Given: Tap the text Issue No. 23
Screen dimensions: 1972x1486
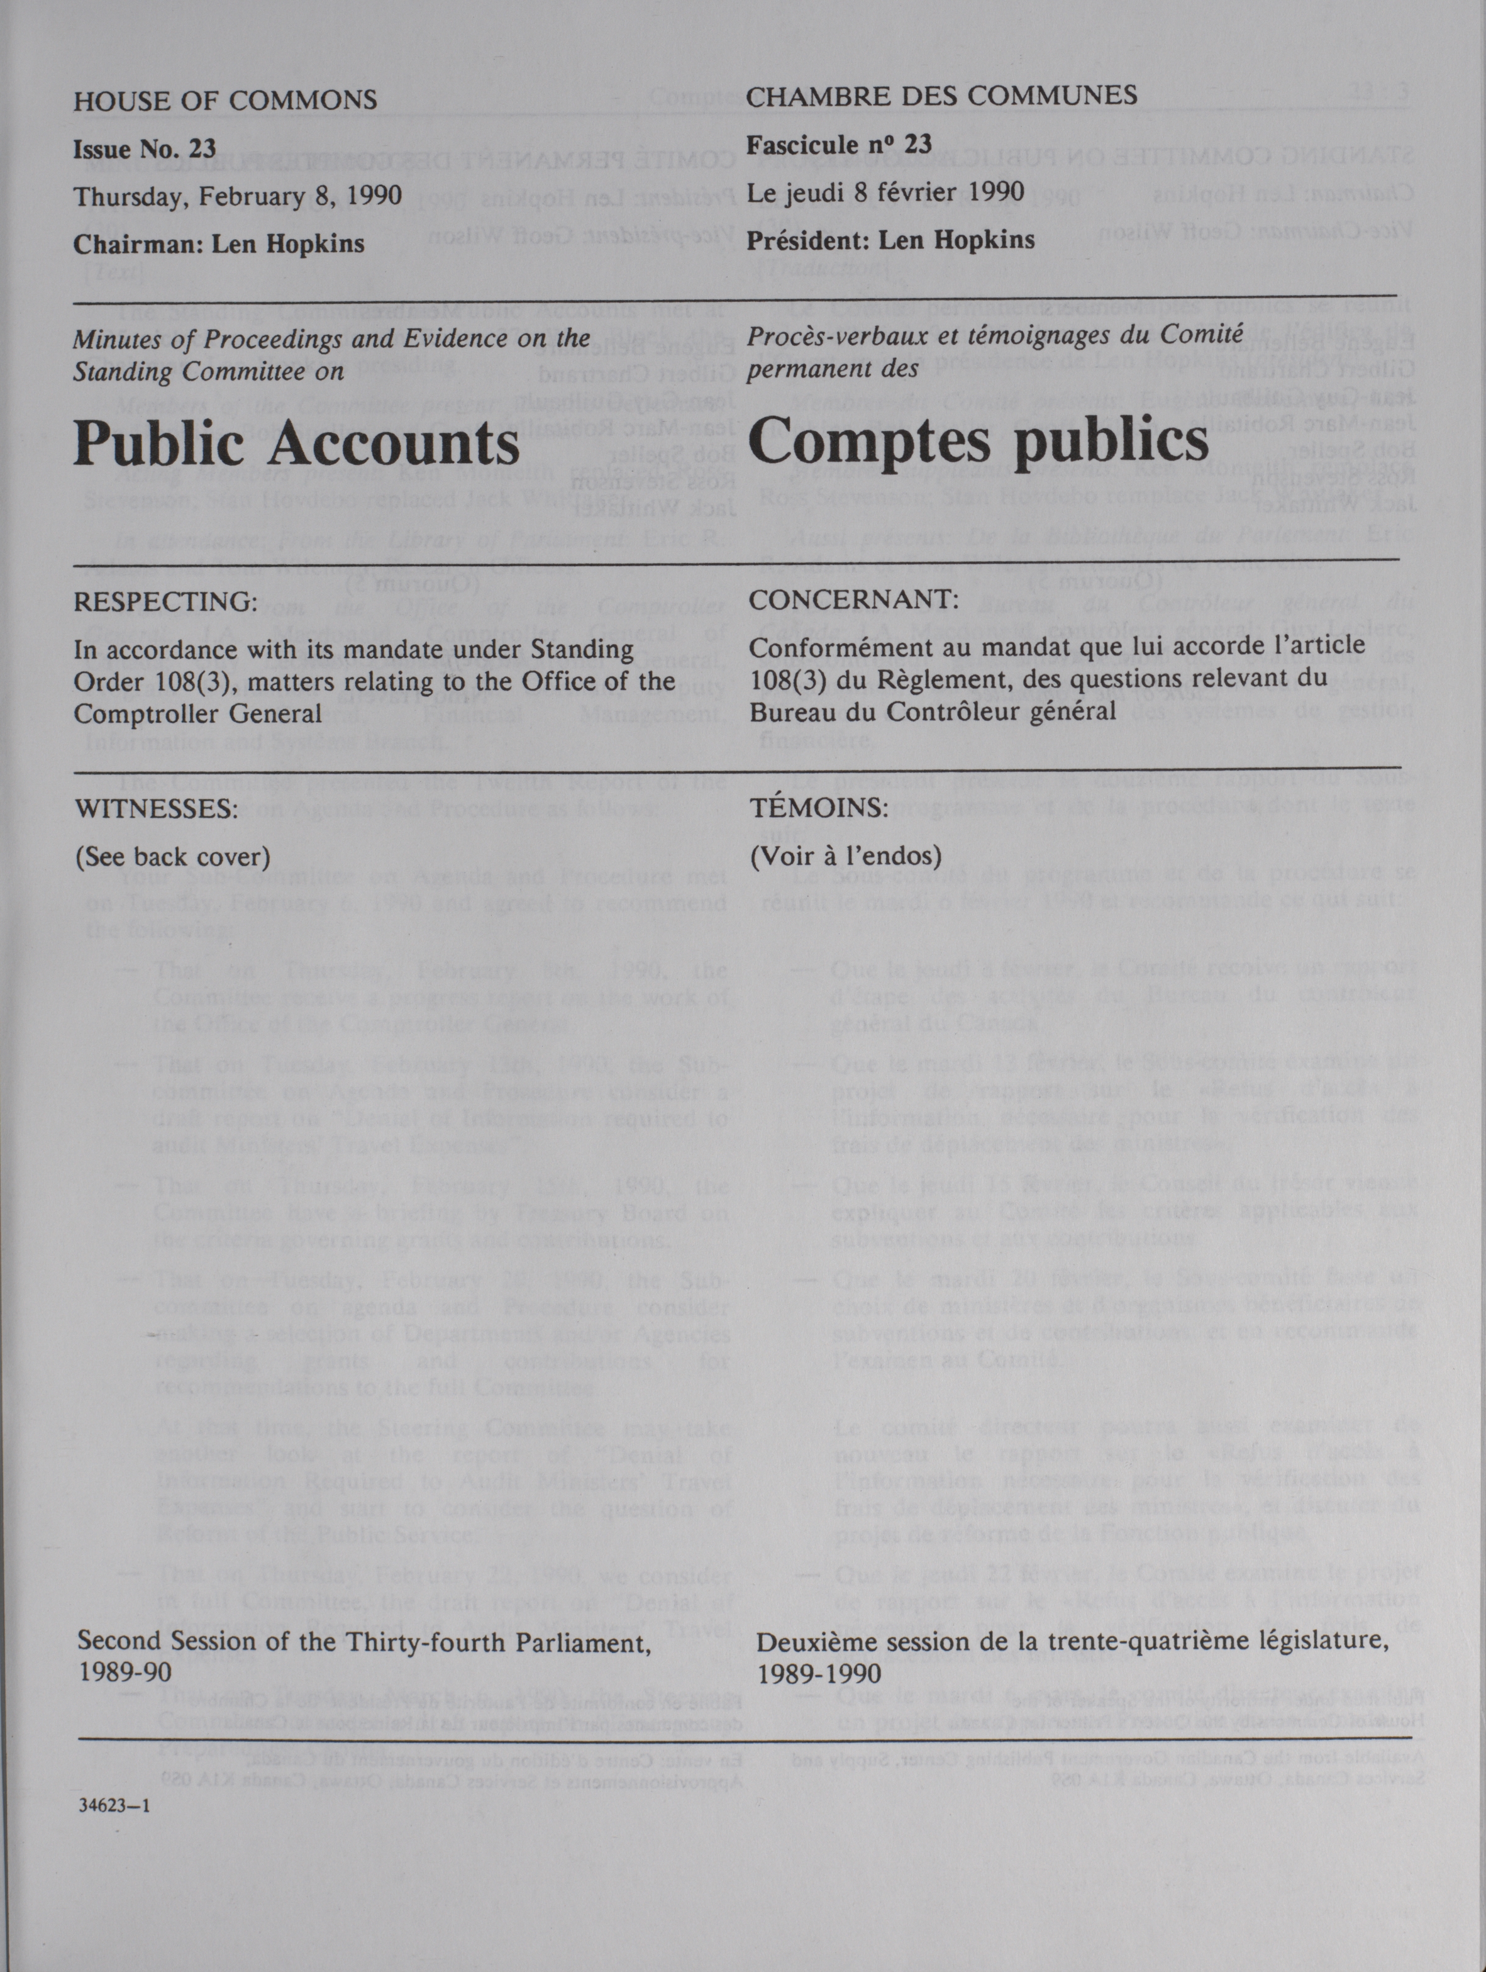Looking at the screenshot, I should coord(145,148).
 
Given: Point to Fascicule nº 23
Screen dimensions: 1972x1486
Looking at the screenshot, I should coord(840,143).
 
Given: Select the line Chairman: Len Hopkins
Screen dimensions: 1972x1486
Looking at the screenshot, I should coord(218,243).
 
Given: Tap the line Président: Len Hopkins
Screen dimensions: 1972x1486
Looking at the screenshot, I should coord(892,240).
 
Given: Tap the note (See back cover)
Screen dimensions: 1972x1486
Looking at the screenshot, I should coord(172,857).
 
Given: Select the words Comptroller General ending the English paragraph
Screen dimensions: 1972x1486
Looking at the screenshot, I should coord(197,714).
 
